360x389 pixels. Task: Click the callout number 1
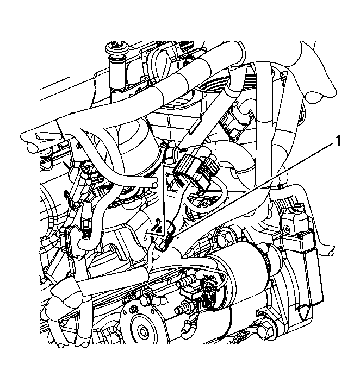pyautogui.click(x=338, y=141)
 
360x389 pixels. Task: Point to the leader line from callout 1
pyautogui.click(x=253, y=191)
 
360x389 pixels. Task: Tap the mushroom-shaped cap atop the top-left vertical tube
pyautogui.click(x=117, y=49)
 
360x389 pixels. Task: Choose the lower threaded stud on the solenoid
pyautogui.click(x=181, y=310)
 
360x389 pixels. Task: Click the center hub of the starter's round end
pyautogui.click(x=144, y=331)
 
